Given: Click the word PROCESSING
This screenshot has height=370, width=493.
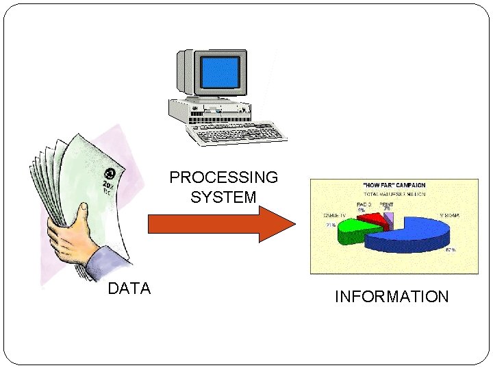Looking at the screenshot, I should [224, 177].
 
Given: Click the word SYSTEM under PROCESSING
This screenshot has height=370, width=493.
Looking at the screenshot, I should [224, 198].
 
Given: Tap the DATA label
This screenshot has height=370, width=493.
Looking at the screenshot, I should [129, 288].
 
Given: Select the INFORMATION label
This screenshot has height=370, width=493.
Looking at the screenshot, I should [392, 297].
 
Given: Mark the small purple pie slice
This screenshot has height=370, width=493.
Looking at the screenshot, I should [388, 219].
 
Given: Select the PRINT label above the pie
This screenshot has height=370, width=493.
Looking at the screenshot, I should [387, 203].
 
